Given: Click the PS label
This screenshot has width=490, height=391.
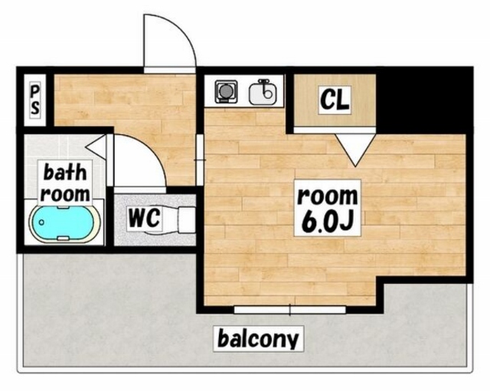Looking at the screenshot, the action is pos(35,100).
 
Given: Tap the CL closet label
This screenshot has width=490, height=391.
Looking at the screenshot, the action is pos(335,99).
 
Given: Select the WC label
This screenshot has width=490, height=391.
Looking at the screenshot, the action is pos(145,217).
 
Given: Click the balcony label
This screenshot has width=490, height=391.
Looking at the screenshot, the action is pos(258,338).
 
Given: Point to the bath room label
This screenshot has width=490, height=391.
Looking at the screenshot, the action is pos(65,183).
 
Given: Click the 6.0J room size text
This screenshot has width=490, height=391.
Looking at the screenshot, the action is pos(327,220).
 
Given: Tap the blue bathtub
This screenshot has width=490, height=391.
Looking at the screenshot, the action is pos(65,223).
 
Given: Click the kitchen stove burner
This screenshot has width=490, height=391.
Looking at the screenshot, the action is pos(226,92).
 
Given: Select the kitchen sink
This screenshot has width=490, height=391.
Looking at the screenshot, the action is pos(263,92).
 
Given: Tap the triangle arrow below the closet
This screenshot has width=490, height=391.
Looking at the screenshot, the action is pos(355,147).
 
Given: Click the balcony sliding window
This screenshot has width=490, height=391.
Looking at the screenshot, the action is pos(290,310).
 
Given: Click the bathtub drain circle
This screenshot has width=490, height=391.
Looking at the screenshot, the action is pos(41,223).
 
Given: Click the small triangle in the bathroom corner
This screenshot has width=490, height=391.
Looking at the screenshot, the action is pos(96,146).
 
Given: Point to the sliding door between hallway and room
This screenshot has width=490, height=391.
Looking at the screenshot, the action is pos(200,160).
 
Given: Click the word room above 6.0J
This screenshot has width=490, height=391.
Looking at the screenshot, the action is pos(327,196).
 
